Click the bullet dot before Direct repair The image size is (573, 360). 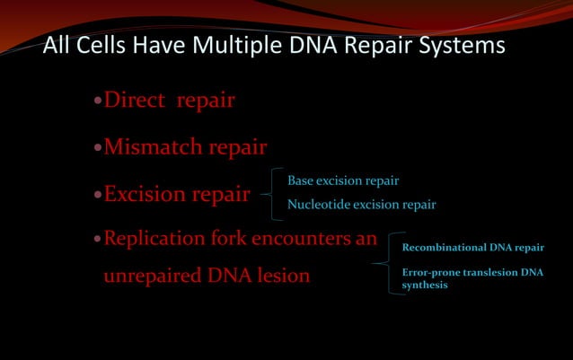pyautogui.click(x=98, y=101)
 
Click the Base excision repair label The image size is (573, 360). pyautogui.click(x=343, y=181)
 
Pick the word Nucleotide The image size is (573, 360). pyautogui.click(x=318, y=205)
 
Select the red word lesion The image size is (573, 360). pyautogui.click(x=283, y=276)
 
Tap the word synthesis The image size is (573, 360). pyautogui.click(x=425, y=285)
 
